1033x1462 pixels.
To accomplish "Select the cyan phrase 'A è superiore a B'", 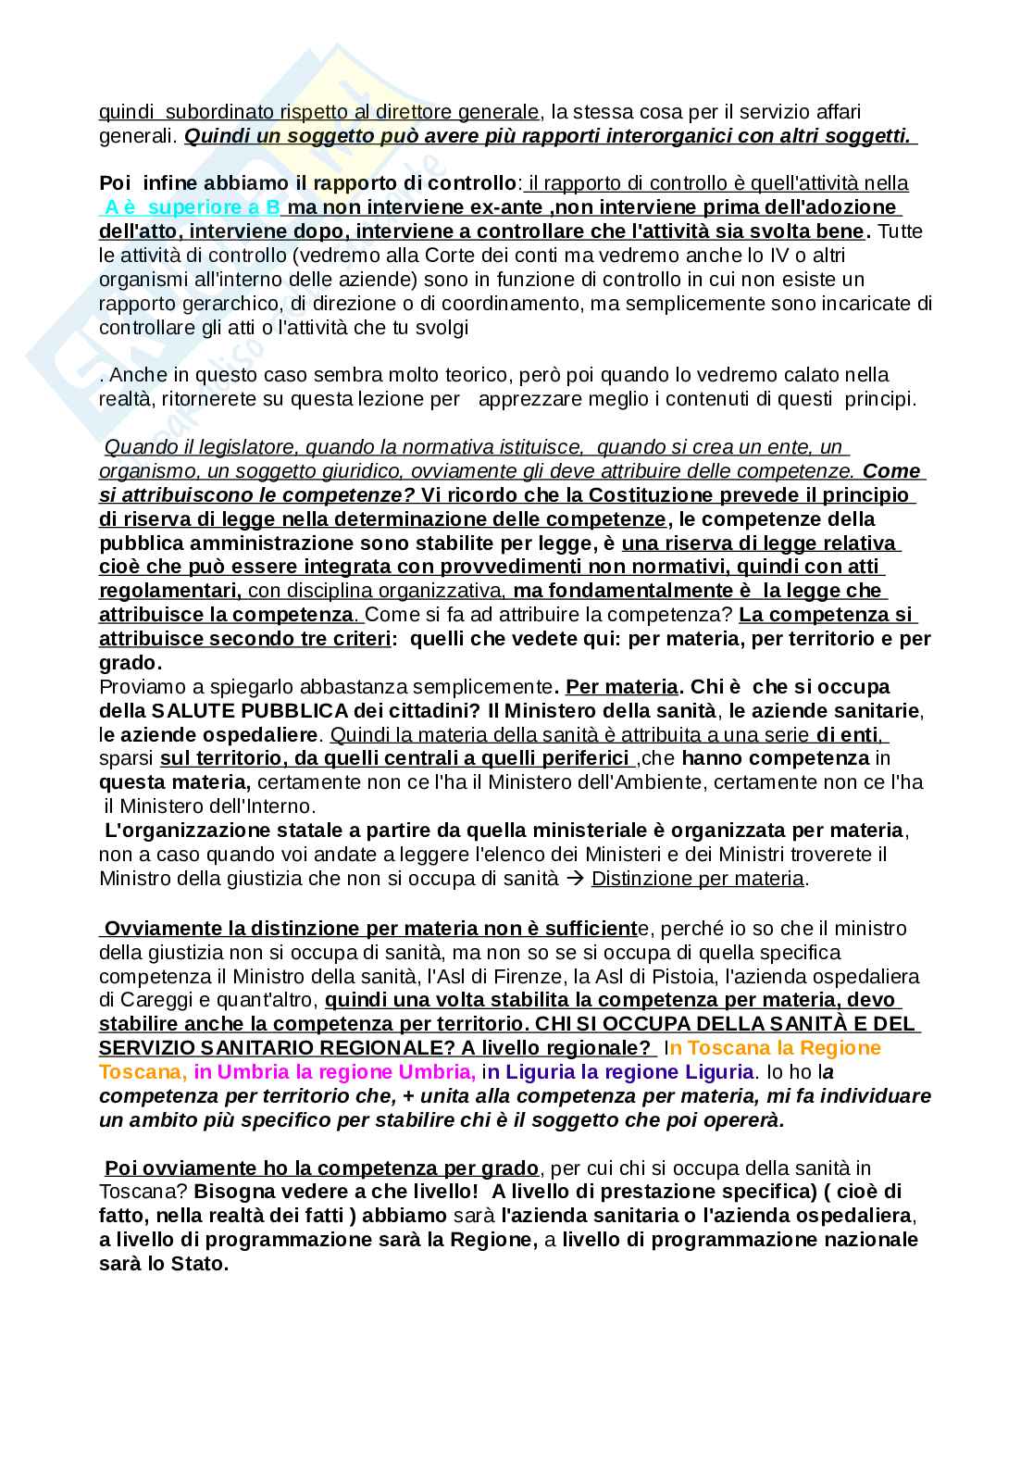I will [192, 207].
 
